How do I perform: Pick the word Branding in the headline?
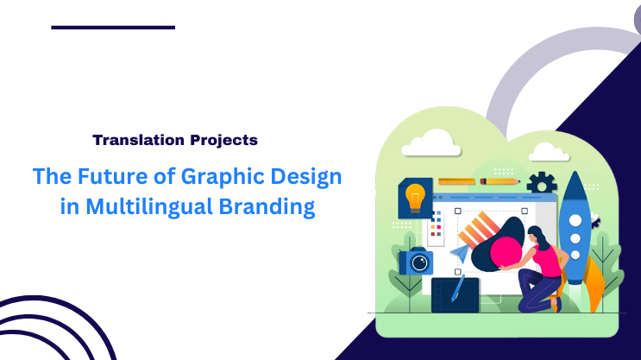[274, 207]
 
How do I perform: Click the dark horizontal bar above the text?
[113, 28]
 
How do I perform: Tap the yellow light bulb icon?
[416, 195]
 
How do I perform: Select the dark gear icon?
[542, 182]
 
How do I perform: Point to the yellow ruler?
[456, 182]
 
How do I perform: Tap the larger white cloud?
[430, 142]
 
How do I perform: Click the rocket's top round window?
[573, 219]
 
